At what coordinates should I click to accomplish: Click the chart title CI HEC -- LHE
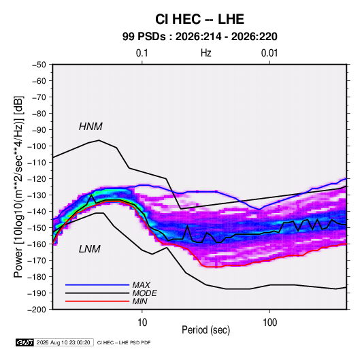(x=199, y=19)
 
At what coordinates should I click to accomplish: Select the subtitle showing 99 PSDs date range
(x=199, y=37)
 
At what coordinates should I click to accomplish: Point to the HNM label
(x=90, y=127)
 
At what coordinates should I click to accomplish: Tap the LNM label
(x=90, y=249)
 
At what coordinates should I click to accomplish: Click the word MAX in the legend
(x=141, y=285)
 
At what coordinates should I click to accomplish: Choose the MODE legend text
(x=145, y=293)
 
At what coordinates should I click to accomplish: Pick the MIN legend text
(x=139, y=301)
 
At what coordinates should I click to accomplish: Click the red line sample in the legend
(x=97, y=301)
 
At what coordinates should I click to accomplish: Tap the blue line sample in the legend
(x=97, y=285)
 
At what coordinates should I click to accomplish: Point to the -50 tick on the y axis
(x=39, y=65)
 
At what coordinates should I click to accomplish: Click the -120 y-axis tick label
(x=37, y=179)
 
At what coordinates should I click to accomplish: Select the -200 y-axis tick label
(x=37, y=310)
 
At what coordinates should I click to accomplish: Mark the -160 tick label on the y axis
(x=37, y=244)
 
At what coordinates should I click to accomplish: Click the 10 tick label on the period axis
(x=142, y=323)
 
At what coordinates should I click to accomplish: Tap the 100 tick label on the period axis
(x=269, y=323)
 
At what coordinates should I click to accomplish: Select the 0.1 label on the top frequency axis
(x=142, y=53)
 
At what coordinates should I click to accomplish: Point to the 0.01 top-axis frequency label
(x=269, y=53)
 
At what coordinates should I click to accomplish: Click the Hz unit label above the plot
(x=206, y=53)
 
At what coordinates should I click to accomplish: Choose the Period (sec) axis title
(x=206, y=330)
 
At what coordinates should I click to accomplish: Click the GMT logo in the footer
(x=25, y=342)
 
